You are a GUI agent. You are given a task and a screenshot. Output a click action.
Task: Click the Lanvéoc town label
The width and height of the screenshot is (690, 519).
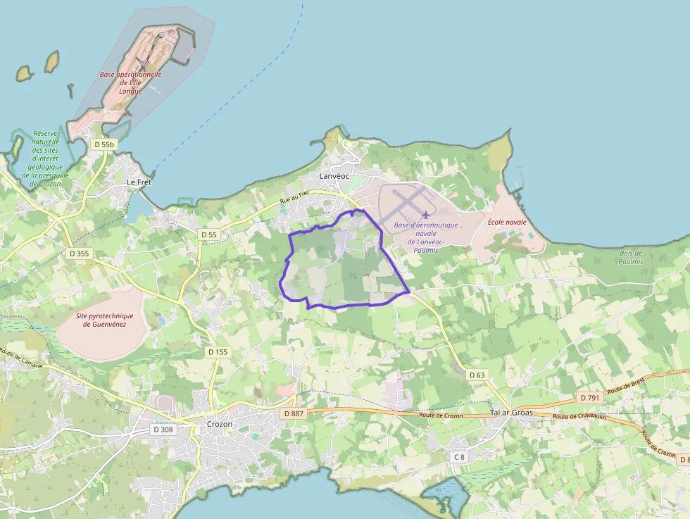334,176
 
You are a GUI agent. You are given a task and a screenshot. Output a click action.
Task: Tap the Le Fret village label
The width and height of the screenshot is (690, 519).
139,182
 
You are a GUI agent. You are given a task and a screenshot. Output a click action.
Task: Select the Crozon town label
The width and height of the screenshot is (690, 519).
220,424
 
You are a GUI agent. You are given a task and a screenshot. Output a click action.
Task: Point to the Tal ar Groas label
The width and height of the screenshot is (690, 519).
510,412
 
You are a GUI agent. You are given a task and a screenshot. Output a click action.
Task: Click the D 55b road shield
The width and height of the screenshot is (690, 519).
103,144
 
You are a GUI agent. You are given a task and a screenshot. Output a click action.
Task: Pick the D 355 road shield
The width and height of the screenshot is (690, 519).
80,253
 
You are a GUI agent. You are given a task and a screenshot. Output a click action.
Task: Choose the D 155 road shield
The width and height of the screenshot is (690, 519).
218,351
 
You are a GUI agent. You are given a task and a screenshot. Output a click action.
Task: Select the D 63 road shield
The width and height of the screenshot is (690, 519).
477,375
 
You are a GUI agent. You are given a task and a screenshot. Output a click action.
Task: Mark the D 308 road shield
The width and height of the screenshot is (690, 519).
163,429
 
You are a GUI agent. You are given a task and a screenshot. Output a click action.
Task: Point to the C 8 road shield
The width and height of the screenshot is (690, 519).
459,457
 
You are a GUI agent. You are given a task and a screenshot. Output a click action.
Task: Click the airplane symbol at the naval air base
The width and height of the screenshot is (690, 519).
425,214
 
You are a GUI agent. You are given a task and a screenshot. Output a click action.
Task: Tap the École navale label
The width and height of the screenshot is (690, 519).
507,222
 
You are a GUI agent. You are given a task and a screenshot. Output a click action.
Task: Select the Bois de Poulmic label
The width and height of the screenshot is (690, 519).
631,257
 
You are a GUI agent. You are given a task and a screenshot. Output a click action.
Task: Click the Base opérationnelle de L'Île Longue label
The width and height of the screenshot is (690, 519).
130,82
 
